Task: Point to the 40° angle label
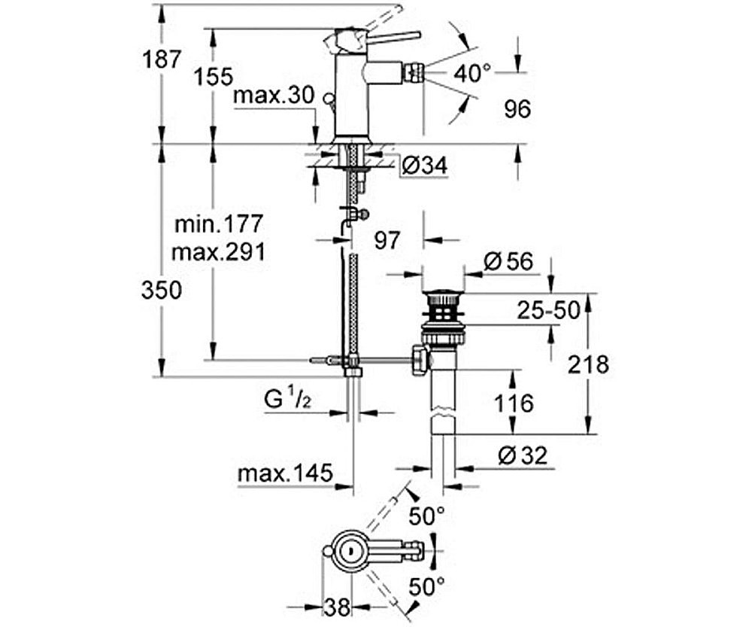click(x=472, y=73)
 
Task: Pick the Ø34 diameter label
click(x=423, y=166)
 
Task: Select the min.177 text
click(x=218, y=224)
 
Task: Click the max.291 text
click(x=218, y=251)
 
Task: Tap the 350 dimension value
click(x=162, y=290)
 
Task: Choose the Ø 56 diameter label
click(x=508, y=261)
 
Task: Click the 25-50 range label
click(x=547, y=309)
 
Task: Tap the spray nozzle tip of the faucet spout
click(x=413, y=73)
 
